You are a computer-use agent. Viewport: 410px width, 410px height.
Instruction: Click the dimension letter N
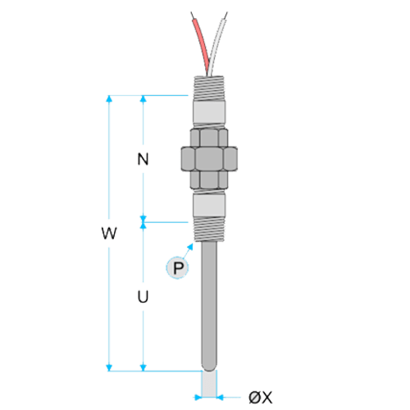pos(143,159)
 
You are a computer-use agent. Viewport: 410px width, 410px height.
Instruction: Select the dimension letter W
pos(109,233)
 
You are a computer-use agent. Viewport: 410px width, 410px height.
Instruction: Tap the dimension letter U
pos(143,297)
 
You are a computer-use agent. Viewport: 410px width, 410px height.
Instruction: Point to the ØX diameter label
pos(261,397)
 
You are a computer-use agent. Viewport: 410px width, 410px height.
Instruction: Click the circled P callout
pos(177,267)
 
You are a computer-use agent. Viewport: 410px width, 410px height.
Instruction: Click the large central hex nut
pos(209,159)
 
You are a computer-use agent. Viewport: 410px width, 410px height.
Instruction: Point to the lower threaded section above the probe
pos(209,229)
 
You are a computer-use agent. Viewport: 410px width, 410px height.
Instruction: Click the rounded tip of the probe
pos(209,366)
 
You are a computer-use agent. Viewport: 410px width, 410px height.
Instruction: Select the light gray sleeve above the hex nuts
pos(209,112)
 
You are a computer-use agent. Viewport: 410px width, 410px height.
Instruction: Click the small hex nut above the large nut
pos(209,138)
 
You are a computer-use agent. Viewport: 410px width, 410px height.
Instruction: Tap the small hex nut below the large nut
pos(209,180)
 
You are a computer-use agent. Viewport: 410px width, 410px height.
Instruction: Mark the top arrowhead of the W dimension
pos(109,98)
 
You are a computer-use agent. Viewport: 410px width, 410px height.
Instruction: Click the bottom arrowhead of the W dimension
pos(109,368)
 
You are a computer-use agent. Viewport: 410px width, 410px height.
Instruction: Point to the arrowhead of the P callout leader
pos(190,246)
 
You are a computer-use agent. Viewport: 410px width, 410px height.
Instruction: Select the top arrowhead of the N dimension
pos(143,98)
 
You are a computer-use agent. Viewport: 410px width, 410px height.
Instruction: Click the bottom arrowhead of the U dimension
pos(143,368)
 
